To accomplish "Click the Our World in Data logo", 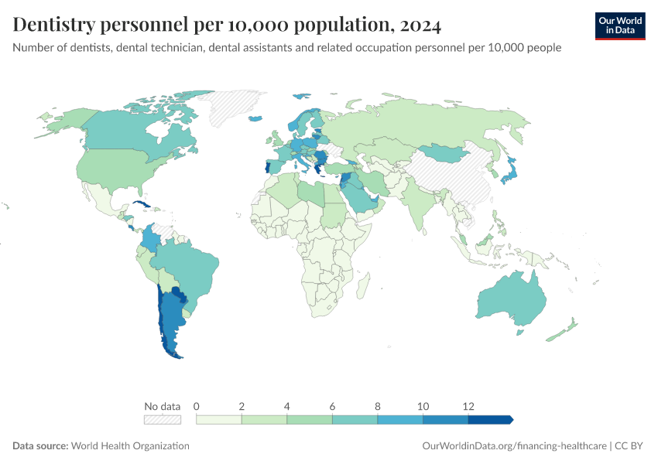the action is pyautogui.click(x=620, y=26).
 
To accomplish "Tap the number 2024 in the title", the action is pyautogui.click(x=420, y=26).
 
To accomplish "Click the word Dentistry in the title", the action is pyautogui.click(x=54, y=25).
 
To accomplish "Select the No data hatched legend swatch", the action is pyautogui.click(x=163, y=420).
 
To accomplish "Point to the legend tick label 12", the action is pyautogui.click(x=468, y=406).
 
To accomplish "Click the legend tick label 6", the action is pyautogui.click(x=332, y=406).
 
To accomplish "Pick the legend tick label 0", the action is pyautogui.click(x=197, y=406).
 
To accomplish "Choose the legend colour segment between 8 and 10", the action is pyautogui.click(x=400, y=420).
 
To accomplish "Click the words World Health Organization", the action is pyautogui.click(x=130, y=445).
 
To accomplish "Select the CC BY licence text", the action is pyautogui.click(x=629, y=445).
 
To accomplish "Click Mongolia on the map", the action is pyautogui.click(x=445, y=153).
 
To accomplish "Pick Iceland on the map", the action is pyautogui.click(x=255, y=118).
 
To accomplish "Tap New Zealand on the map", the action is pyautogui.click(x=562, y=330).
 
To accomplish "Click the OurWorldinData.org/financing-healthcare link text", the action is pyautogui.click(x=514, y=445).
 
